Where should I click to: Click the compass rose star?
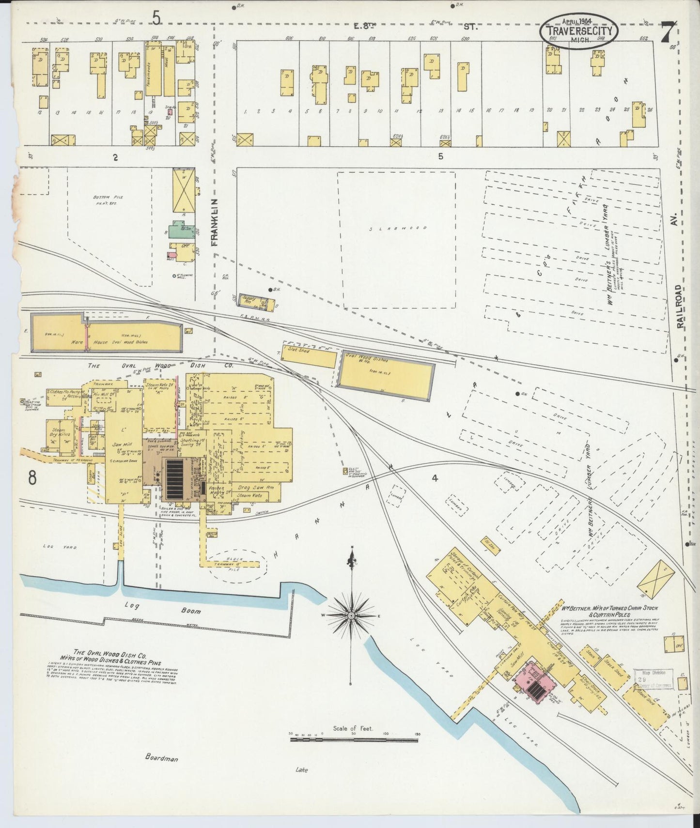tap(350, 615)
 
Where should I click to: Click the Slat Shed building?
tap(309, 356)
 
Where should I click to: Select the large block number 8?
tap(32, 477)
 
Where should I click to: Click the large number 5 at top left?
tap(156, 18)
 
